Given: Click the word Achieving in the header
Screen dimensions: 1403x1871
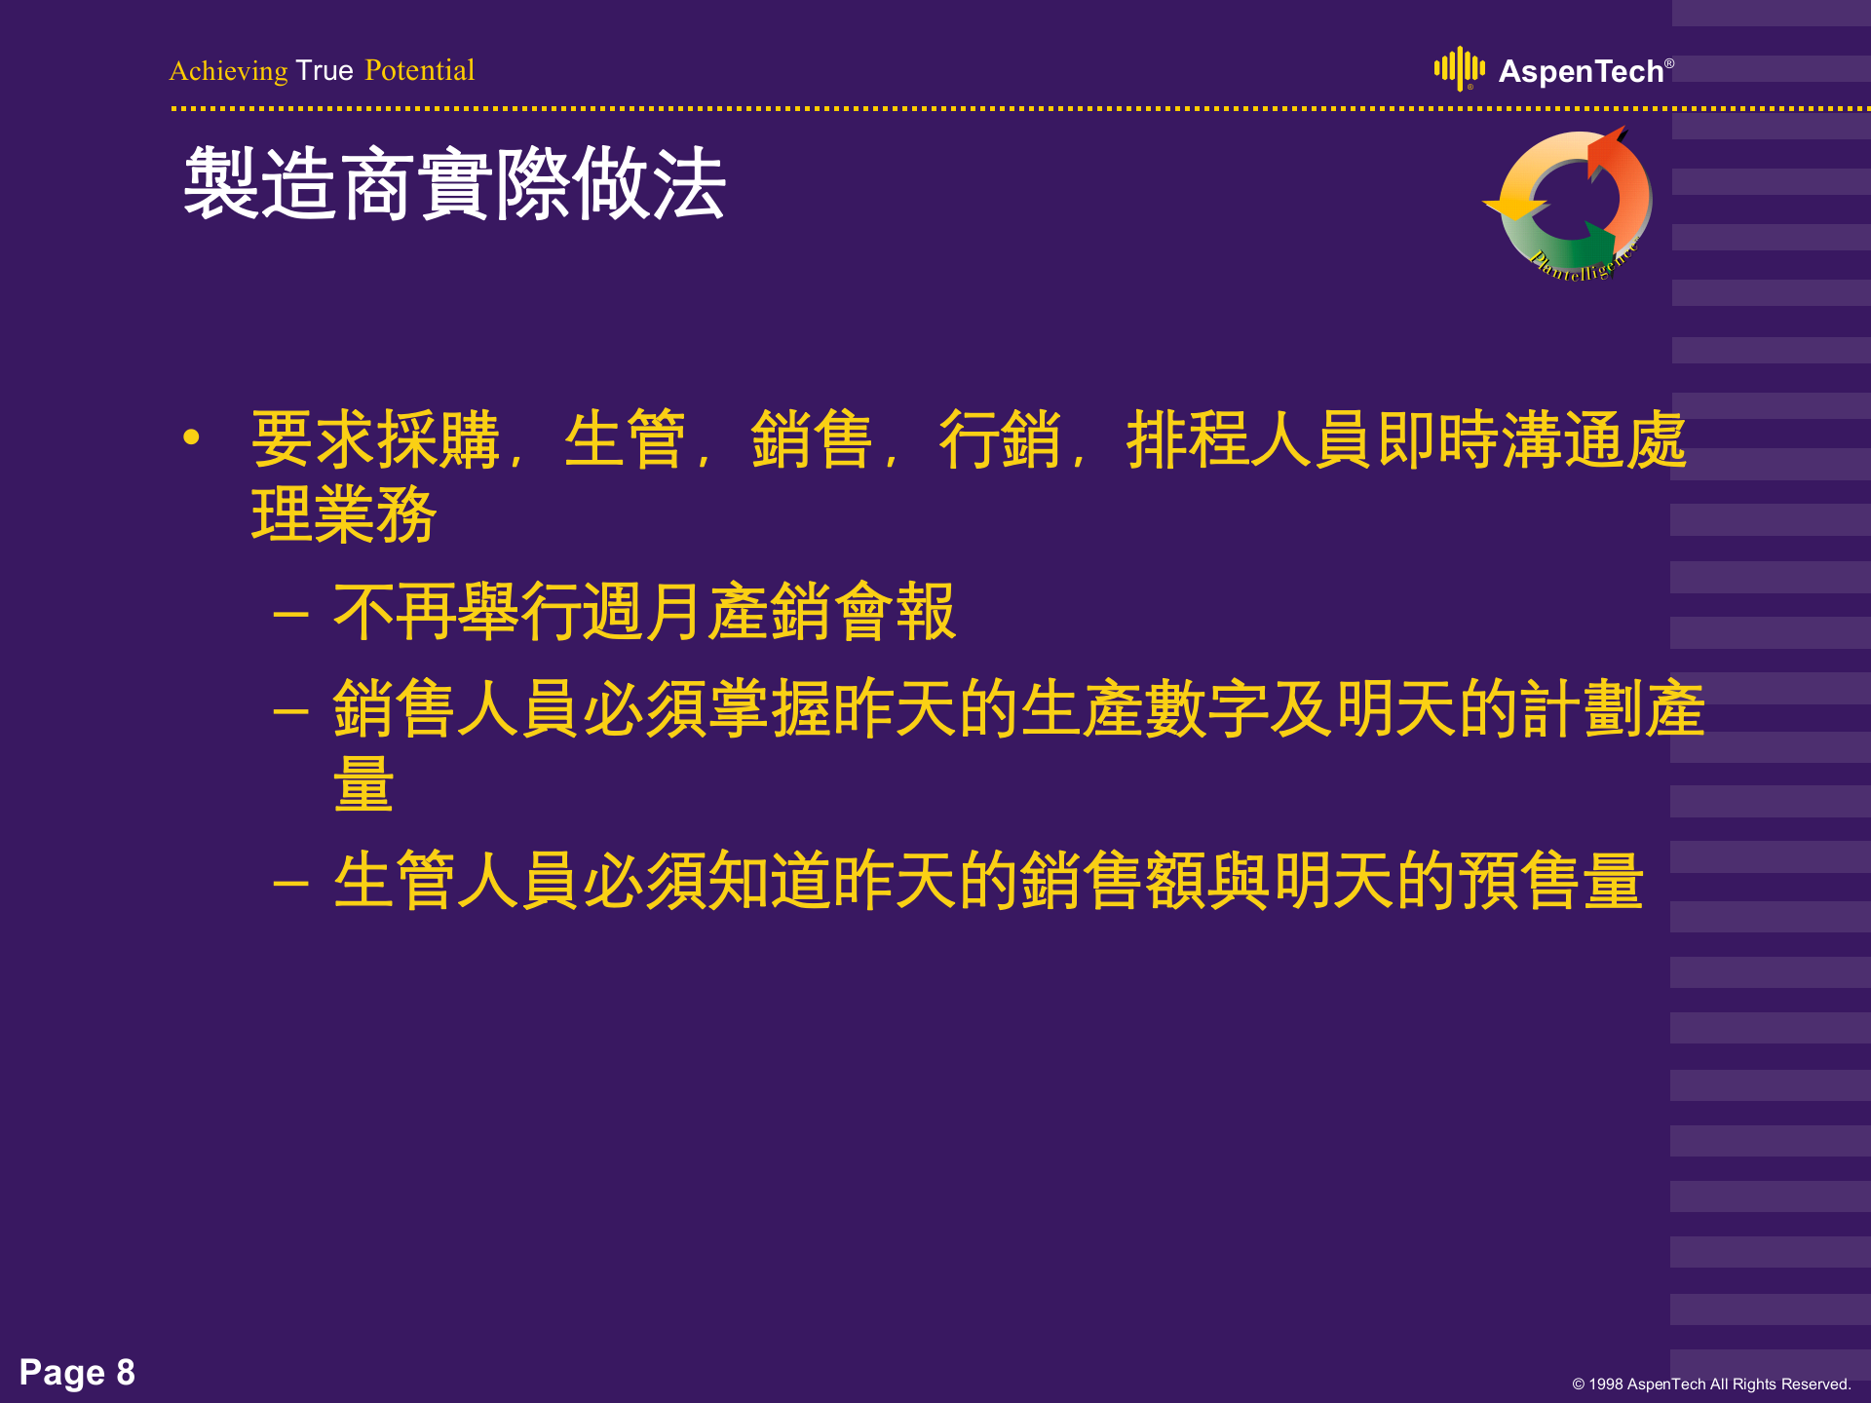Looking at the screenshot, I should pyautogui.click(x=228, y=71).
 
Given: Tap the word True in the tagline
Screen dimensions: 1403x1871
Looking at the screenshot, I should pyautogui.click(x=325, y=71).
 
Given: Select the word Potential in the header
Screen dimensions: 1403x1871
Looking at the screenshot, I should pyautogui.click(x=419, y=71).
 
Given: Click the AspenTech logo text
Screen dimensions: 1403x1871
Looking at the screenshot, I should pyautogui.click(x=1581, y=72).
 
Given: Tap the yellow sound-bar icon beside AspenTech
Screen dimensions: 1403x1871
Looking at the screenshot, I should pyautogui.click(x=1459, y=68).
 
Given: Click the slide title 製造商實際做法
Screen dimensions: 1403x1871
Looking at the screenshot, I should pyautogui.click(x=454, y=184).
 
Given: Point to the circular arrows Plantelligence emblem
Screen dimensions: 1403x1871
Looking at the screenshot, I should pyautogui.click(x=1574, y=205).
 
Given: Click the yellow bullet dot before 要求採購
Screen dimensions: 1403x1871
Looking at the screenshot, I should pyautogui.click(x=191, y=437).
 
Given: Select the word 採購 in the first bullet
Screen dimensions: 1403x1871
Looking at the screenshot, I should pyautogui.click(x=439, y=439).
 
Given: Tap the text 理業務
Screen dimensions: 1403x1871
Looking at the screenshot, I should pyautogui.click(x=344, y=513).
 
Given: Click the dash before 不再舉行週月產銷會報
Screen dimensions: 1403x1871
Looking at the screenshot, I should pyautogui.click(x=290, y=615).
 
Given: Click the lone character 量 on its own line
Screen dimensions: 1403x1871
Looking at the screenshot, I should pyautogui.click(x=363, y=783).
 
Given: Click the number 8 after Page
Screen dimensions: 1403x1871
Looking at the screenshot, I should pyautogui.click(x=126, y=1372).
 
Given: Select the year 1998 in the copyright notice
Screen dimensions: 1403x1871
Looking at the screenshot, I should pyautogui.click(x=1605, y=1384).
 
